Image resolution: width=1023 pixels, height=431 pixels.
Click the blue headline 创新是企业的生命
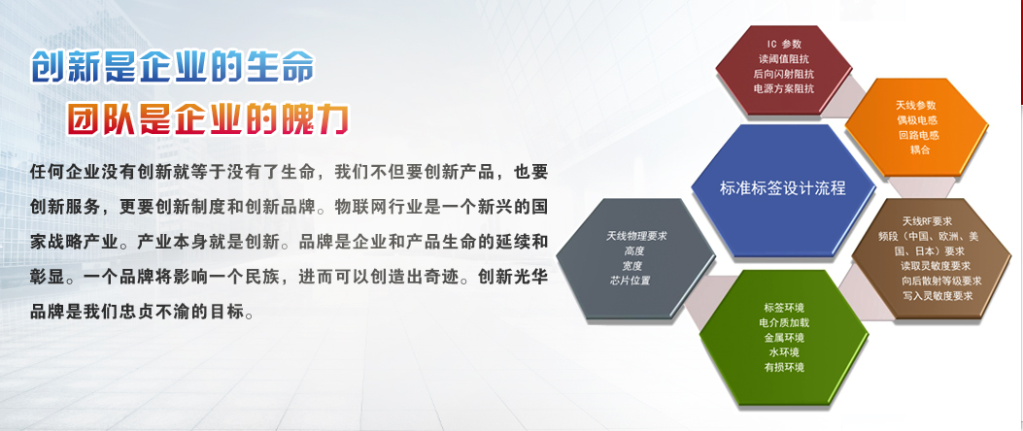[x=173, y=67]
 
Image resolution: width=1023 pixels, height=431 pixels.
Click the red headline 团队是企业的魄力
[x=208, y=119]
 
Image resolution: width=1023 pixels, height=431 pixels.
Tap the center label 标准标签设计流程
[x=783, y=188]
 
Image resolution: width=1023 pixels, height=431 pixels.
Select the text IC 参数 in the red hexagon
[x=784, y=45]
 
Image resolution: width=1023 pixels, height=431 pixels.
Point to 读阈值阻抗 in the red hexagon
[x=784, y=58]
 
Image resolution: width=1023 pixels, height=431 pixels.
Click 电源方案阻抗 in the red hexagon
[x=784, y=88]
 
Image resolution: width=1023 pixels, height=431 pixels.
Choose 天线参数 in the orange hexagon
[x=917, y=105]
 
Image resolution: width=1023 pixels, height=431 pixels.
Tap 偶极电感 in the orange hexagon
[x=917, y=120]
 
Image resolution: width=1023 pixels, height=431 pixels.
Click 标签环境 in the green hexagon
[x=784, y=308]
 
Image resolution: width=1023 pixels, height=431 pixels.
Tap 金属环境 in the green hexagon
[x=784, y=338]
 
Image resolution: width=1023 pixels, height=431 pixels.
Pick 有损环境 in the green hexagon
[x=784, y=367]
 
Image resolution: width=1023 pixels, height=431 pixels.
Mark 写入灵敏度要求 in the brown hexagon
[x=938, y=295]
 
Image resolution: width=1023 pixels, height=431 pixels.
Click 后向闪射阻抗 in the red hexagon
[x=784, y=74]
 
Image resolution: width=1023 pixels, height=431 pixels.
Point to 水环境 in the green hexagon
[x=784, y=352]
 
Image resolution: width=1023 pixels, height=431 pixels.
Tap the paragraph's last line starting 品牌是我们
[x=142, y=313]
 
